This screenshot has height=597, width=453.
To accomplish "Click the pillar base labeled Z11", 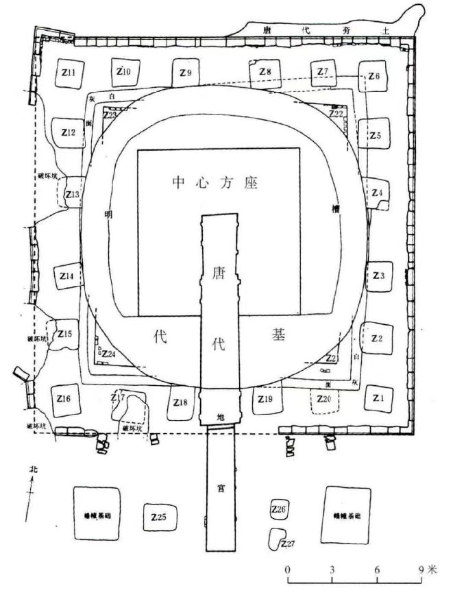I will [x=67, y=73].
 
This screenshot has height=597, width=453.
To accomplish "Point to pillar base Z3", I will [x=379, y=276].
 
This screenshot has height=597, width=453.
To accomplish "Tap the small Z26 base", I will [x=278, y=509].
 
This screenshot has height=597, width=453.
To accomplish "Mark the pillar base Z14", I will [x=67, y=276].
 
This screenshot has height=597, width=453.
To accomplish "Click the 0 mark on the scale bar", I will [x=288, y=569].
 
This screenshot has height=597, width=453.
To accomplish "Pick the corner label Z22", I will [x=336, y=114].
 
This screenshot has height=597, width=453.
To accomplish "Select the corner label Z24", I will [x=108, y=354].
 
